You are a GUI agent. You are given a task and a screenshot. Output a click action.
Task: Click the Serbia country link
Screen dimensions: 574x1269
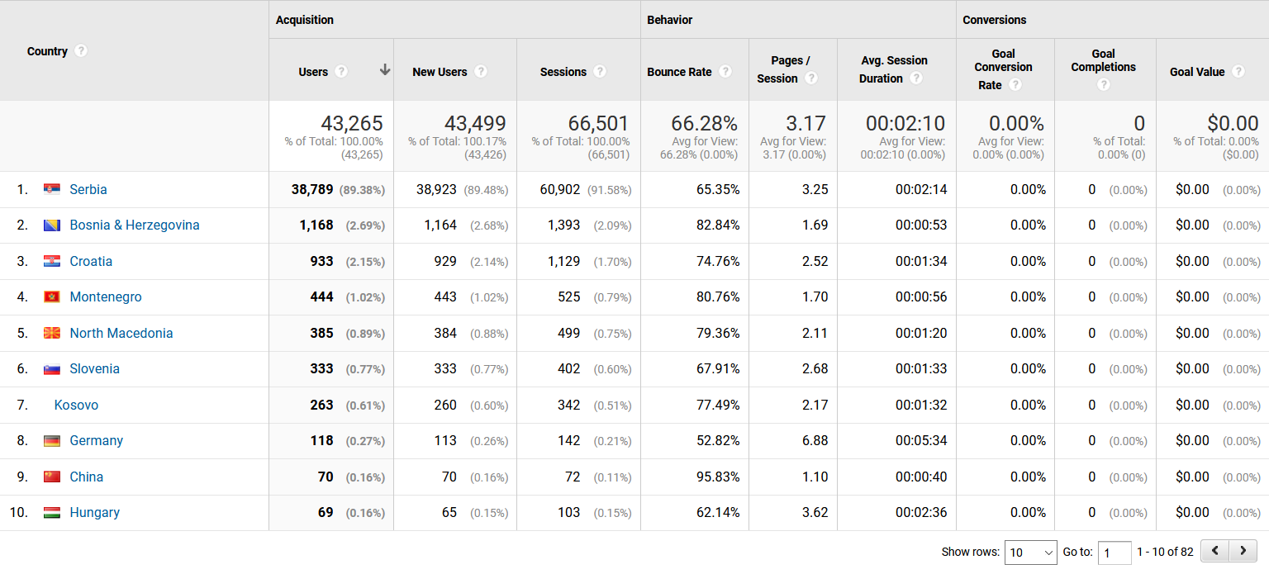(x=88, y=189)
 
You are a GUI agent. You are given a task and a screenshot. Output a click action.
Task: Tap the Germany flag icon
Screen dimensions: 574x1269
(x=52, y=441)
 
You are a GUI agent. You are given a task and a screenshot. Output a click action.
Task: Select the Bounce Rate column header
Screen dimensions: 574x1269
(x=679, y=72)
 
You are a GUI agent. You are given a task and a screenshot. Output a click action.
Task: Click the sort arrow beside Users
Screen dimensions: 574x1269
(x=385, y=70)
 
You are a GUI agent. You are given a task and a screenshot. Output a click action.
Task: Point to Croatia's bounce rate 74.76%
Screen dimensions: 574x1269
(x=718, y=261)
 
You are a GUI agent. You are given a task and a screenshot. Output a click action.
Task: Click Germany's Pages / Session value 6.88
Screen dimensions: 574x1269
(x=815, y=440)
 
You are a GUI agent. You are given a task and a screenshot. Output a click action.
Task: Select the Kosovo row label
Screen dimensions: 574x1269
(x=76, y=405)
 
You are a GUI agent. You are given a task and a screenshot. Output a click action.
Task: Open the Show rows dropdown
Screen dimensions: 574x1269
(x=1030, y=553)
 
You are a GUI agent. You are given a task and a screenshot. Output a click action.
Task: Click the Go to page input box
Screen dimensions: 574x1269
(x=1115, y=553)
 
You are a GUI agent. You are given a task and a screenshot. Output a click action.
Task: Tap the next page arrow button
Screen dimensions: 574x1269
(x=1243, y=551)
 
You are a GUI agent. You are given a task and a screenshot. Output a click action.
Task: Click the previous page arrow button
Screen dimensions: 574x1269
(x=1214, y=551)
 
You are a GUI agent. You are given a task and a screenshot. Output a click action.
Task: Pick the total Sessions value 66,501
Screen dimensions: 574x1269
(x=598, y=124)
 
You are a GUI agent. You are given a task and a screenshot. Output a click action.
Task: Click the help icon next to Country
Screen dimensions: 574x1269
(x=80, y=51)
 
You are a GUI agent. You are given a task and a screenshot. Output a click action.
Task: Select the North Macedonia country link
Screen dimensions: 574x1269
(x=121, y=333)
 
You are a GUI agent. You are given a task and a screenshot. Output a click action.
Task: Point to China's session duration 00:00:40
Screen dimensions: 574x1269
(x=921, y=477)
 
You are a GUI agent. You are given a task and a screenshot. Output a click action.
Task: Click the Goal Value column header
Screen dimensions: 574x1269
(x=1197, y=72)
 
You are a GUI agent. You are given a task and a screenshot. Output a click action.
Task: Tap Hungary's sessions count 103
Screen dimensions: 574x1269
(x=568, y=512)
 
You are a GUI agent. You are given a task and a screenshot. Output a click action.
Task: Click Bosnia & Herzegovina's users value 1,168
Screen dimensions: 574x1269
(x=316, y=225)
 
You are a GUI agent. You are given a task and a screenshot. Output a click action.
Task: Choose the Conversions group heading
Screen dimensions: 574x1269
(x=995, y=20)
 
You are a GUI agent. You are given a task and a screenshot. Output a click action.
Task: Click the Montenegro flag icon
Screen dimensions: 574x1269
(x=52, y=297)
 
